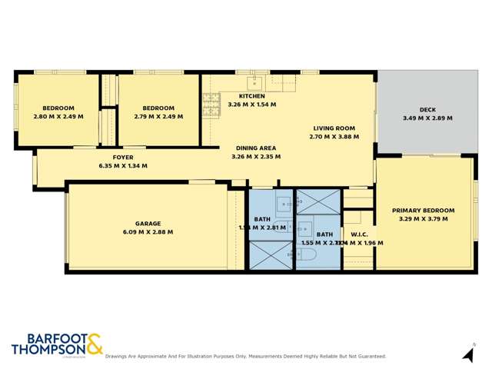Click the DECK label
pos(427,110)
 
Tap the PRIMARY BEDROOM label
pos(423,211)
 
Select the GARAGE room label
pos(148,224)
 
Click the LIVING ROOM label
pos(333,128)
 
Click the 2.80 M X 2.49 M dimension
pos(58,116)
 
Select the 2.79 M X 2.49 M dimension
pos(159,116)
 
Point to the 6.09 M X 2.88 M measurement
pos(148,232)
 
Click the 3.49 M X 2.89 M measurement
pos(427,118)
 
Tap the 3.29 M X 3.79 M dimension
pos(423,219)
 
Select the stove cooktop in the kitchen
pos(210,105)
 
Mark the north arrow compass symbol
pos(467,354)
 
